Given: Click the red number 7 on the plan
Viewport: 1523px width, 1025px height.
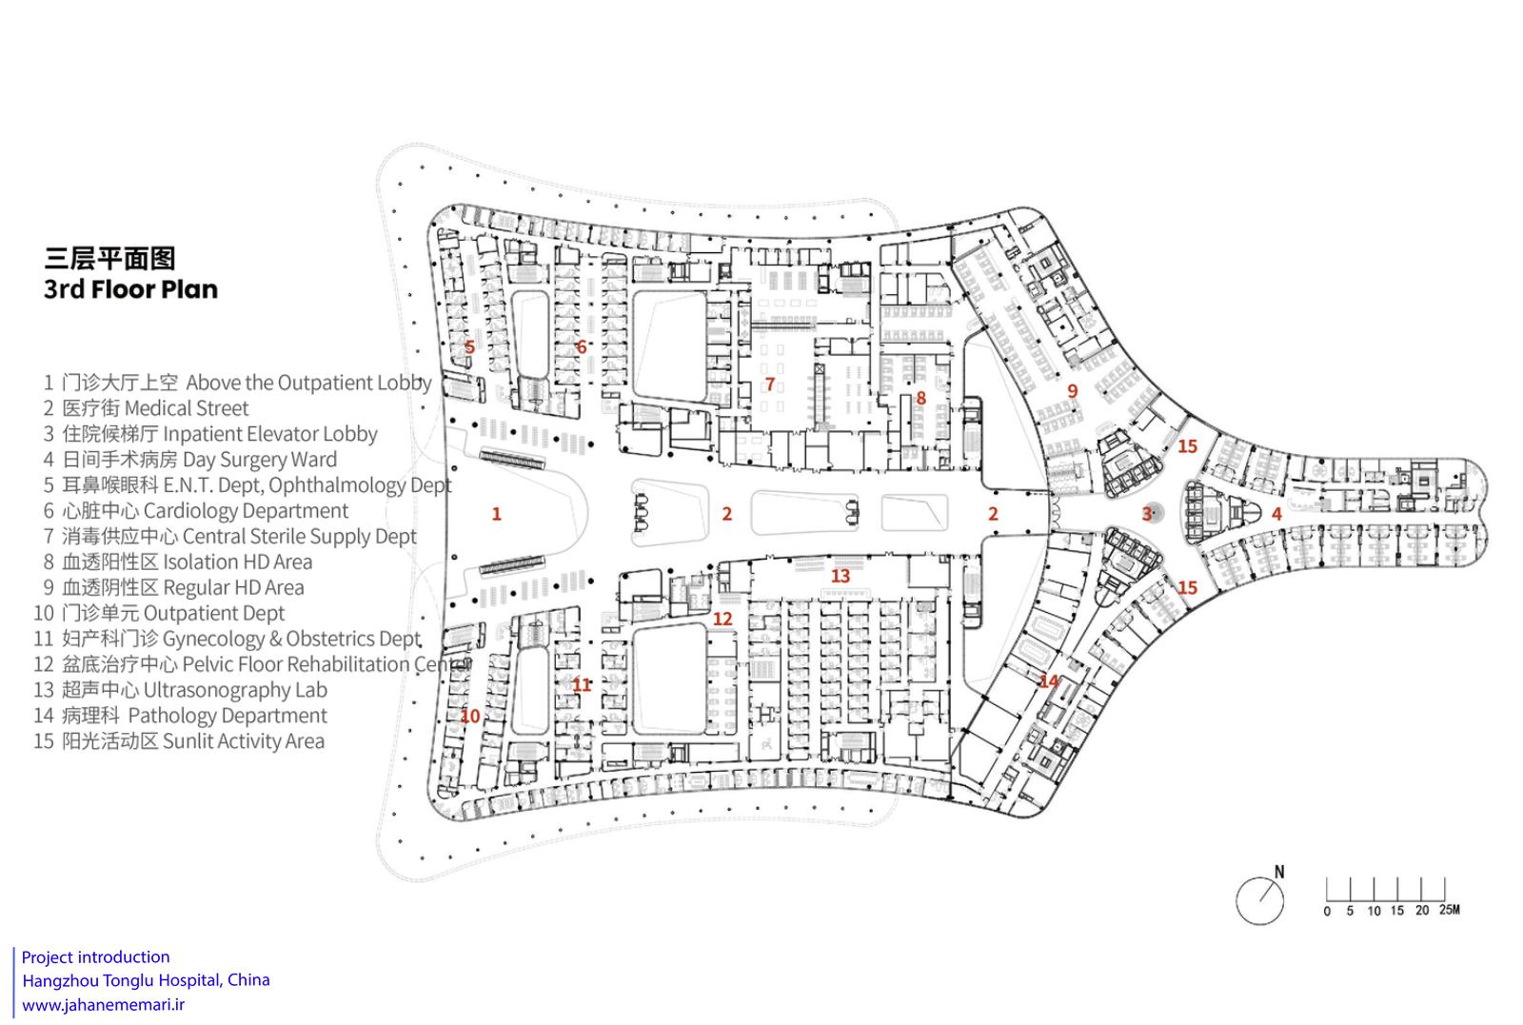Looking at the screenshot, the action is [x=770, y=384].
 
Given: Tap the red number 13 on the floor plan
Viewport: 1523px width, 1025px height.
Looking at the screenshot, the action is [x=841, y=577].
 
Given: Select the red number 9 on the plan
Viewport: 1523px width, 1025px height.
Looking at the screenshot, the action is [x=1072, y=391].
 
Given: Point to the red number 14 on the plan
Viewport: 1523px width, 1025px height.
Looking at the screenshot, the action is [x=1049, y=680].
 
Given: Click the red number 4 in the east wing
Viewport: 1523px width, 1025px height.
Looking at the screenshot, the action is [x=1276, y=515].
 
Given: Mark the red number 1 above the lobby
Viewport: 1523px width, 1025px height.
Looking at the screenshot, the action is [x=496, y=514].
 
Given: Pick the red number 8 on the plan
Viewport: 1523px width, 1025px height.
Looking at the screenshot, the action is [x=920, y=399].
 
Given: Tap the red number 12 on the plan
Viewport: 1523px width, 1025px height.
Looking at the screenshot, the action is [x=722, y=620].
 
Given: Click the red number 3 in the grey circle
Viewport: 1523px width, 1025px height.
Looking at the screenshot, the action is [x=1147, y=514].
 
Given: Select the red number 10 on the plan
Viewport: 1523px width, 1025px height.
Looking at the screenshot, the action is [x=470, y=716].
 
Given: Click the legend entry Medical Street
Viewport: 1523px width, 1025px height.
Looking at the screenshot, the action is [x=147, y=408].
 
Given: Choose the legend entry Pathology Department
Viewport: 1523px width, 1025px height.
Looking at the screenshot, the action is [x=181, y=716].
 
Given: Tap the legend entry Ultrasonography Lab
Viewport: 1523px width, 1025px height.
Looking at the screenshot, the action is [x=181, y=690].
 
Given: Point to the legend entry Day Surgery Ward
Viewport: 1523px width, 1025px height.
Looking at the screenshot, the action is [x=190, y=460].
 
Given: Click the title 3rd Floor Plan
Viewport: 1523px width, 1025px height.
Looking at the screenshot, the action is [x=130, y=289].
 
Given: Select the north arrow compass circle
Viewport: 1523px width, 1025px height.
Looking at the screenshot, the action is [x=1260, y=901].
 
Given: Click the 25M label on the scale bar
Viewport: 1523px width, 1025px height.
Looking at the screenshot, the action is [x=1449, y=910].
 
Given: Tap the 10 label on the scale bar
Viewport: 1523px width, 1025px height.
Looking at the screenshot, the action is [x=1375, y=912].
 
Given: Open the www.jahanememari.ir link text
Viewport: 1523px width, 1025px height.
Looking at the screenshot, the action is [x=104, y=1005].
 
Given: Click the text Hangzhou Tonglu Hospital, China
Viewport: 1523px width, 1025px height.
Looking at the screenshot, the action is [x=147, y=980].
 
